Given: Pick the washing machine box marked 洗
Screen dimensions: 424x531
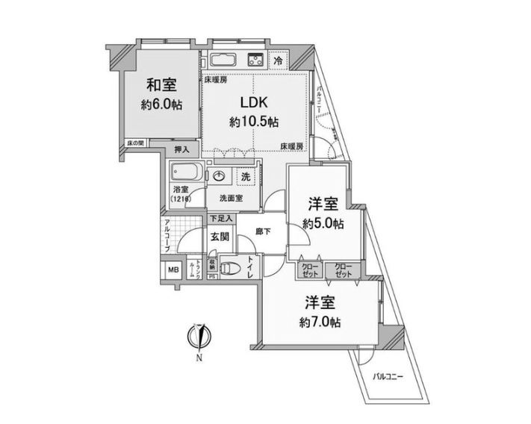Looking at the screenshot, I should (x=245, y=177).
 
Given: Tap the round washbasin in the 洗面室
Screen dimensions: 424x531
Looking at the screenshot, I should (x=220, y=176).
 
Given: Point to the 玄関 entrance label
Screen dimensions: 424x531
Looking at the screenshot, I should (x=219, y=237).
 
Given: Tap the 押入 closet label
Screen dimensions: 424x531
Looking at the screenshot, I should (x=181, y=150).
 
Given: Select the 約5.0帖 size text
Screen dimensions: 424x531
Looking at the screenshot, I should (x=323, y=223).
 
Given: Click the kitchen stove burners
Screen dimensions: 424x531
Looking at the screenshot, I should (x=253, y=60).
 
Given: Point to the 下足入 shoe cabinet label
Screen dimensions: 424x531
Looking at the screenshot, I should (x=220, y=218).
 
